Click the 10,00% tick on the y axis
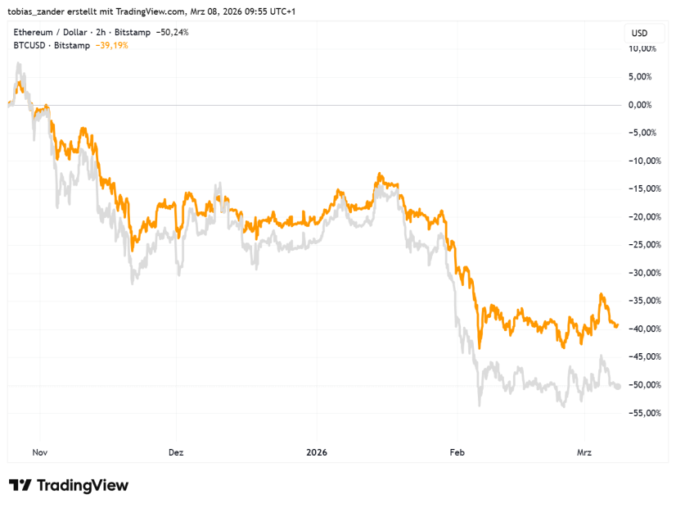click(x=641, y=48)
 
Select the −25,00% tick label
click(x=640, y=244)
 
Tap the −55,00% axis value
click(x=640, y=412)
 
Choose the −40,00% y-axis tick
click(x=640, y=329)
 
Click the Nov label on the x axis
click(x=40, y=451)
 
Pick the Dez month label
click(x=175, y=451)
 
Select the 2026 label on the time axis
click(x=316, y=451)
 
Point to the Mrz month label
click(x=584, y=451)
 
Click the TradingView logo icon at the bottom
click(x=20, y=485)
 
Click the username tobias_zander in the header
click(x=38, y=10)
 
